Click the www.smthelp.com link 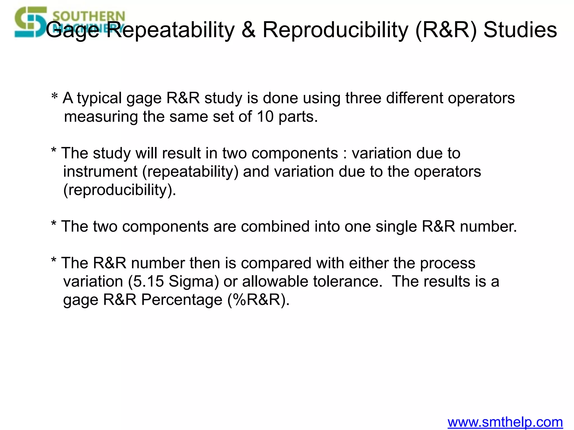point(505,422)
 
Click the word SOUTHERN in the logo point(89,16)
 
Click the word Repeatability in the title point(173,30)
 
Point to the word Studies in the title point(520,30)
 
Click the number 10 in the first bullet point(265,116)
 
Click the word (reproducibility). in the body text point(120,190)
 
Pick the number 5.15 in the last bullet point(148,281)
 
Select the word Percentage point(182,300)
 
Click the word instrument point(100,171)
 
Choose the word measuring point(101,117)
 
